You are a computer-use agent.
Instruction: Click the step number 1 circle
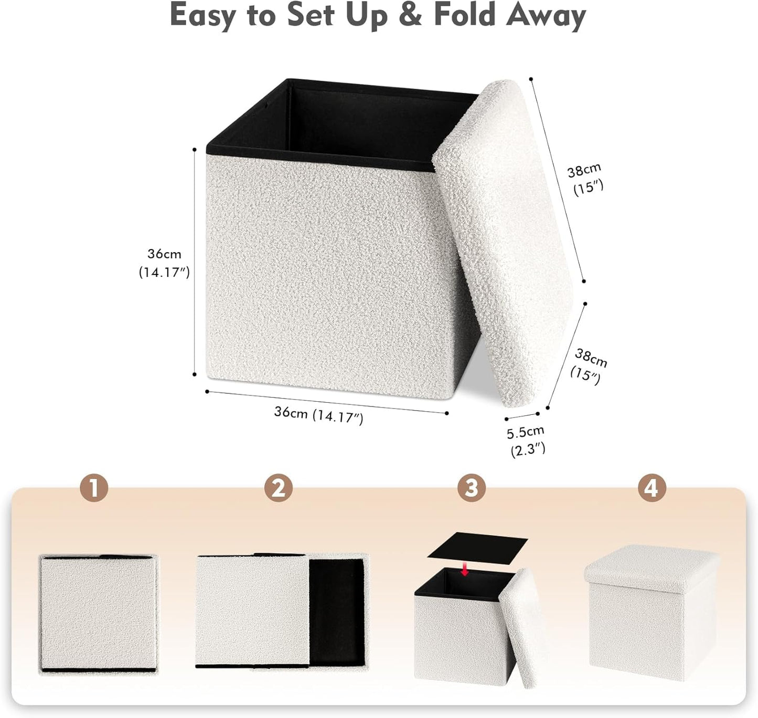[94, 489]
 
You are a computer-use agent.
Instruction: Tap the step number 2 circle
[279, 489]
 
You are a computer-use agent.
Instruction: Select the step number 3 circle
[471, 489]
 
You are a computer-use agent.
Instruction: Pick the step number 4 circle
[651, 489]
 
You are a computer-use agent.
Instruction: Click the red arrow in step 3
[464, 570]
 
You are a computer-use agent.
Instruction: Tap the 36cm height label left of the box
[164, 263]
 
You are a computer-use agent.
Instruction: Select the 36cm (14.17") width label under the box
[318, 414]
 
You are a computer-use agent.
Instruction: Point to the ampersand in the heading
[410, 16]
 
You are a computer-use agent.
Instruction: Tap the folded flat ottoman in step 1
[98, 614]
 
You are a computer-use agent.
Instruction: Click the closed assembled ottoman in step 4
[651, 614]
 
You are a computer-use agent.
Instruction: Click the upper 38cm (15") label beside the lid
[585, 179]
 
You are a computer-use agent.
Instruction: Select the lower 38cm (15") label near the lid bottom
[589, 366]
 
